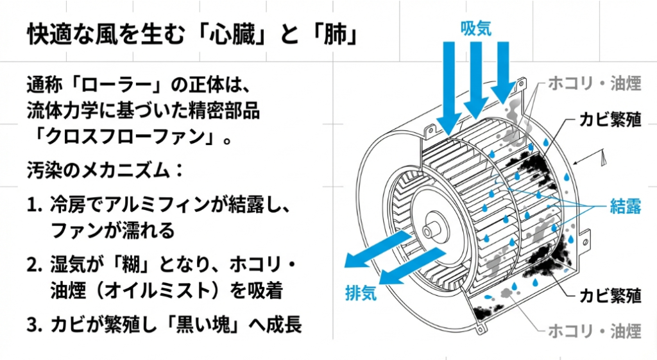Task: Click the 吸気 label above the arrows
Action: [475, 28]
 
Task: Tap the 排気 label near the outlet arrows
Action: [361, 293]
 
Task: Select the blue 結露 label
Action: [626, 206]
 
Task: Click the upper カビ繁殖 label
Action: [610, 121]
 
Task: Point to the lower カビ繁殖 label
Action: [610, 296]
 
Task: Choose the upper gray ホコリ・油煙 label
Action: [595, 83]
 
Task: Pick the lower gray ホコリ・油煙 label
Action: [595, 331]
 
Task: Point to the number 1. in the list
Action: [35, 205]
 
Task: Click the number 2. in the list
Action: [35, 265]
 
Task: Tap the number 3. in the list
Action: [35, 325]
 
